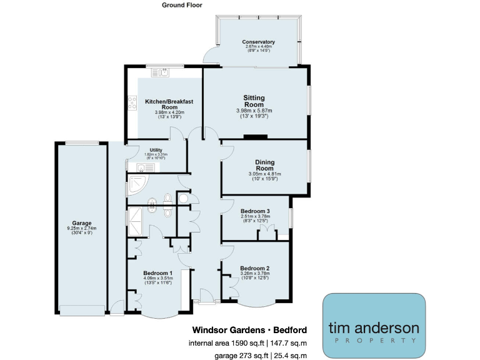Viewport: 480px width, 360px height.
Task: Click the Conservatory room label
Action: pos(259,42)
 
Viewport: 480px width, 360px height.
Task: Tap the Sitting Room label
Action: pos(254,101)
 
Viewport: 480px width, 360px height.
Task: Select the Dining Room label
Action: pos(265,165)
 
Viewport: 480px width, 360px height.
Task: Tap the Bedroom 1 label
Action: pos(157,274)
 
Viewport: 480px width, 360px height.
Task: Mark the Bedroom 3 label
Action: pos(255,211)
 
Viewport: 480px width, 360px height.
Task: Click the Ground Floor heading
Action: pos(182,5)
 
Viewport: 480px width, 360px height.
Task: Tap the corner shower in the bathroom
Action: pos(136,184)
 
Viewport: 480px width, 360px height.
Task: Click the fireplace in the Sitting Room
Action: pos(255,137)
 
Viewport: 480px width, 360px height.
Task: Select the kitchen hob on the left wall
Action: pos(132,102)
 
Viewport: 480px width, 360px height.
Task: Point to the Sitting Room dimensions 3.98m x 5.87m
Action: pos(254,111)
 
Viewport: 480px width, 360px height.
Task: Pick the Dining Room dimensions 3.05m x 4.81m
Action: pos(265,174)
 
